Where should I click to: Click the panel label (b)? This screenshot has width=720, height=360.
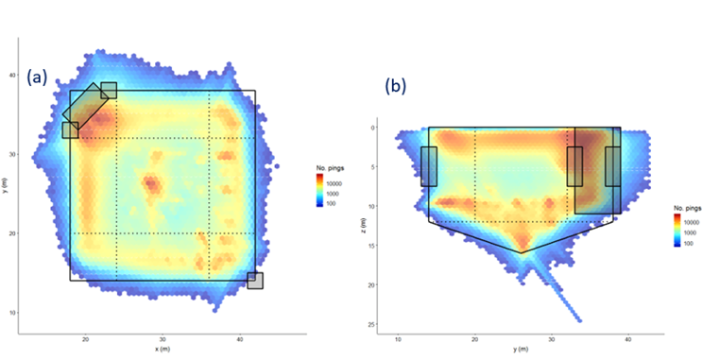click(x=396, y=85)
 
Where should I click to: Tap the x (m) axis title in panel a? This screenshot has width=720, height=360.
click(x=163, y=349)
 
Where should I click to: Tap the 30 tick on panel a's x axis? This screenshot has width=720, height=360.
click(x=163, y=338)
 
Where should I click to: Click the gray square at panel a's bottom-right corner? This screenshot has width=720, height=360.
click(x=255, y=281)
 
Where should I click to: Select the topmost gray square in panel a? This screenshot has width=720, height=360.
click(x=109, y=90)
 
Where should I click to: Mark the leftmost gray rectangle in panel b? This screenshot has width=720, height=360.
click(x=429, y=166)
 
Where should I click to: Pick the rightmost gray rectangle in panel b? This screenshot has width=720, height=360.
click(x=613, y=166)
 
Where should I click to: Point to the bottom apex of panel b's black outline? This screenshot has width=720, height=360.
click(x=521, y=252)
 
